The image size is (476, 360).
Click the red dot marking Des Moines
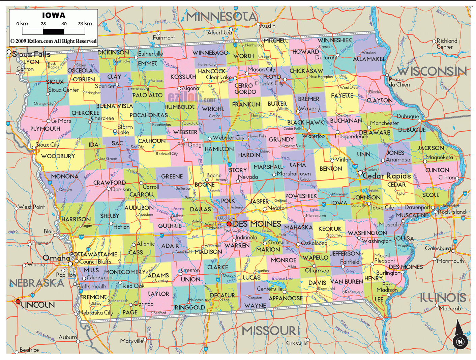tap(229, 224)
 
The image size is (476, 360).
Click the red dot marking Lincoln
tap(18, 302)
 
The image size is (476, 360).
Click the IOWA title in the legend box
tap(54, 16)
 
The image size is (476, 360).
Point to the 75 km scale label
tap(85, 24)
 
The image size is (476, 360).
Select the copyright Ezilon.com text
tap(53, 41)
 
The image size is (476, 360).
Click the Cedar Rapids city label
tap(387, 176)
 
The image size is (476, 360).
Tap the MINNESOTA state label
tap(221, 16)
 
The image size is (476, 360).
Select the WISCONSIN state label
tap(432, 71)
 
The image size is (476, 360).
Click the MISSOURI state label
tap(271, 331)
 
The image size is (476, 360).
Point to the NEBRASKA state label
tap(37, 283)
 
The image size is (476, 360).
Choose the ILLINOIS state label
tap(443, 298)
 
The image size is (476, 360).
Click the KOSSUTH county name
tap(183, 77)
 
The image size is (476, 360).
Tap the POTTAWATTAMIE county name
tap(94, 254)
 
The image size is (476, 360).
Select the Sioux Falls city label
tap(31, 54)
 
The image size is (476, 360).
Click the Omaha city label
tap(56, 258)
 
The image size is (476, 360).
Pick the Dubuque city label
tap(408, 116)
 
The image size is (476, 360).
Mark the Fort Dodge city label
tap(191, 145)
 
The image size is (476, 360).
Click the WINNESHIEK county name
tap(334, 40)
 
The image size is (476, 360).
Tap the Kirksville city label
tap(297, 343)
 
